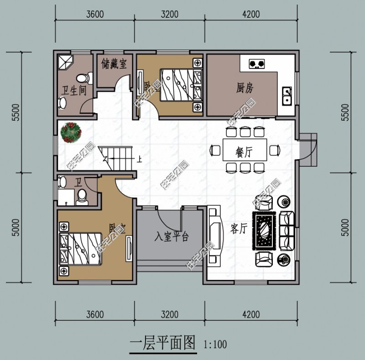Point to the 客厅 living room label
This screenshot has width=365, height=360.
pyautogui.click(x=238, y=229)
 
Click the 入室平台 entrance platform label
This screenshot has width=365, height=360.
pyautogui.click(x=171, y=237)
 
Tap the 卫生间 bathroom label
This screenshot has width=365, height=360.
pyautogui.click(x=74, y=90)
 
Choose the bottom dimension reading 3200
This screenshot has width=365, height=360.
pyautogui.click(x=169, y=314)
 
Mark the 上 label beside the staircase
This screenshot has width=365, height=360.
pyautogui.click(x=140, y=159)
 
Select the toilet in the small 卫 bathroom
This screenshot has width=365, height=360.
pyautogui.click(x=83, y=195)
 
